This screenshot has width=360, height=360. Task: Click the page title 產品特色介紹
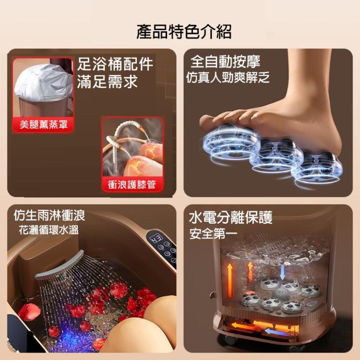184,32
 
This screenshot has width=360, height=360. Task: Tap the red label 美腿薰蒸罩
44,125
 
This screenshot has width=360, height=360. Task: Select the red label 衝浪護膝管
132,184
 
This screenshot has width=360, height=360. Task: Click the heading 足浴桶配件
115,64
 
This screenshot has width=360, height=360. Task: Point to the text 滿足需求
108,82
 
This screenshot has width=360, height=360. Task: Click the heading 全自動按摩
226,62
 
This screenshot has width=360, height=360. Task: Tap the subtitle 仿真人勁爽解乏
228,77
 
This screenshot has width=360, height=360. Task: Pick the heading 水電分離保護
231,217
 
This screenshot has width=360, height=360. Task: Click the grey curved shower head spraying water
60,265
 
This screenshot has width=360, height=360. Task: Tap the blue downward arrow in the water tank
282,271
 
